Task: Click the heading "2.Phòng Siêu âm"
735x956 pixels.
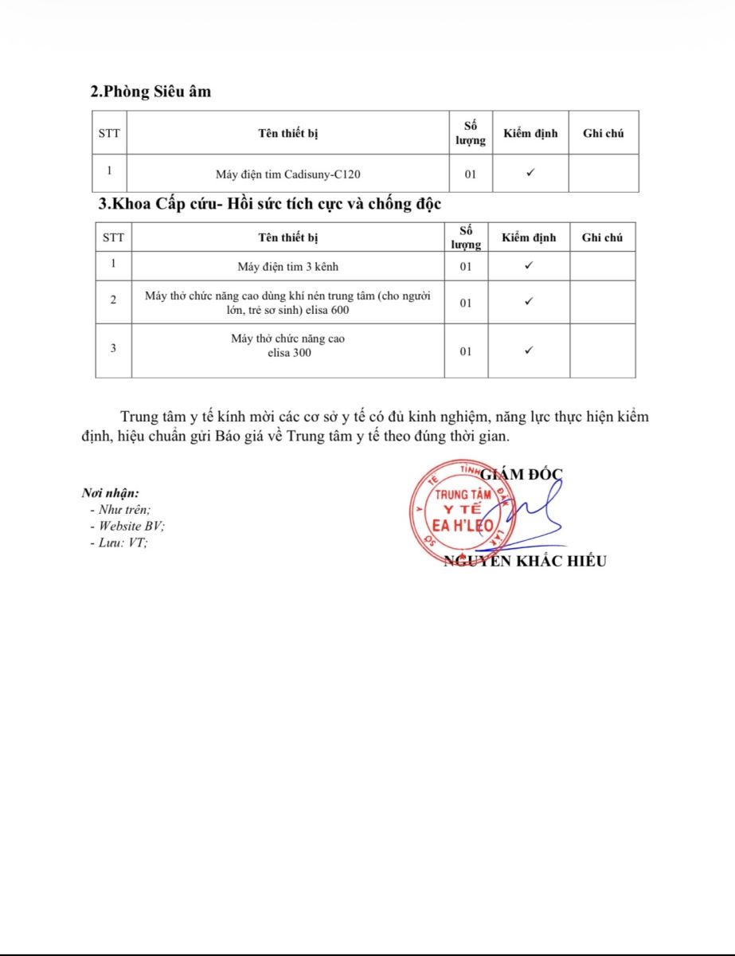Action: click(151, 92)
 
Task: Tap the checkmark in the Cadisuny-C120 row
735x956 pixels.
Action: click(530, 173)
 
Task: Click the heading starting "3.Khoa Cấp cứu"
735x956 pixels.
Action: click(269, 204)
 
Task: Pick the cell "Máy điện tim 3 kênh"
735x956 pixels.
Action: click(287, 266)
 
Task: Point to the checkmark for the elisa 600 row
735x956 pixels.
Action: click(529, 301)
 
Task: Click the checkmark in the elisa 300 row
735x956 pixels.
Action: click(529, 350)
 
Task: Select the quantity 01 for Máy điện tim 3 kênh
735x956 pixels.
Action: click(466, 266)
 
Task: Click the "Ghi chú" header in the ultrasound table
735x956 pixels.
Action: click(603, 133)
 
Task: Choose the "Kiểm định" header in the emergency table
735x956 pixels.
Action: click(529, 237)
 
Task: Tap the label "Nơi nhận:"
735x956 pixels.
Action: click(110, 493)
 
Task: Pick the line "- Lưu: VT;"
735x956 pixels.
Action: click(119, 543)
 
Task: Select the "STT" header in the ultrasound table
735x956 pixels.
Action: click(109, 133)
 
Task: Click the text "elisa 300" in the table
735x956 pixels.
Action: click(289, 352)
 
